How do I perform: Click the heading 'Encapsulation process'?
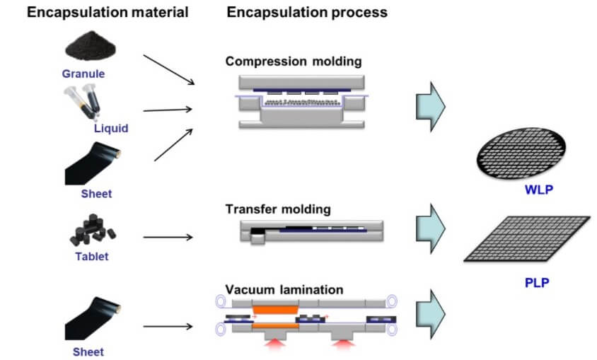pos(307,13)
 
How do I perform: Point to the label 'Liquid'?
pos(111,129)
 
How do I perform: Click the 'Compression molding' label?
pos(294,62)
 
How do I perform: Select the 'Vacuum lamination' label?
pos(284,289)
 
